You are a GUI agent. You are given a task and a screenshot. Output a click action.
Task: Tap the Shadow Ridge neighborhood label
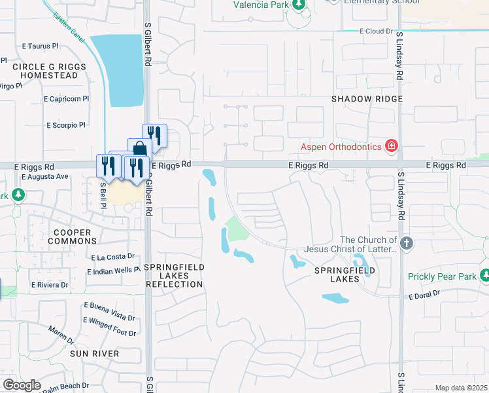tap(366, 99)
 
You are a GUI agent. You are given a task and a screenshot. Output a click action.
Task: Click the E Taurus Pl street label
tap(41, 47)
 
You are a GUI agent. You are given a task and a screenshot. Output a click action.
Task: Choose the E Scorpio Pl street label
tap(65, 125)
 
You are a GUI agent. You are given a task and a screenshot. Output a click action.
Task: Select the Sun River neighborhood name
tap(95, 354)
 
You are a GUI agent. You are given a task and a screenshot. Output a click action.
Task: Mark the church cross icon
tap(407, 244)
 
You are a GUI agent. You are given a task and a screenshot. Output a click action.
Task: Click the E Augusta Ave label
tap(44, 177)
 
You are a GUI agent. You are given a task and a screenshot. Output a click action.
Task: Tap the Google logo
tap(22, 385)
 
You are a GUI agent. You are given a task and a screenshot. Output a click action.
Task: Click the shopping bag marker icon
tap(139, 149)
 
